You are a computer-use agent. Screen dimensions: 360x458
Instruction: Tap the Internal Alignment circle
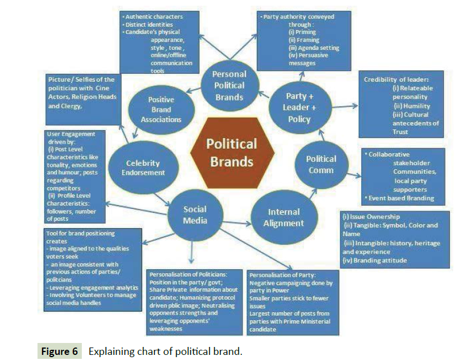point(284,217)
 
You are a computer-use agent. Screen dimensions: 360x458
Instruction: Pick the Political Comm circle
point(320,165)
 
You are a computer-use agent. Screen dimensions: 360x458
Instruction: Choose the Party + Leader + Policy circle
point(299,107)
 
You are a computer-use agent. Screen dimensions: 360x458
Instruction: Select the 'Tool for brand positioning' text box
point(93,267)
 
